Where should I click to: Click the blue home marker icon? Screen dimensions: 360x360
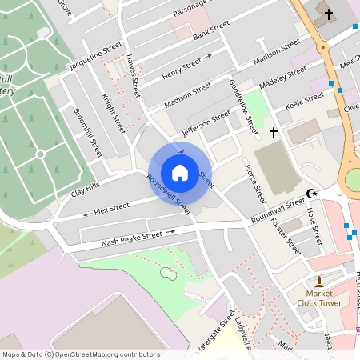pyautogui.click(x=180, y=173)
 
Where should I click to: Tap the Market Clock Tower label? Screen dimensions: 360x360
pyautogui.click(x=319, y=298)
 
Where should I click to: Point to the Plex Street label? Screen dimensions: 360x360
pyautogui.click(x=111, y=210)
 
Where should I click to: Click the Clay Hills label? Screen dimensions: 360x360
pyautogui.click(x=86, y=189)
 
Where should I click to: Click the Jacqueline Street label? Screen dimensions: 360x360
pyautogui.click(x=96, y=56)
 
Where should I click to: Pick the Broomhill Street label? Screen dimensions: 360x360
pyautogui.click(x=88, y=132)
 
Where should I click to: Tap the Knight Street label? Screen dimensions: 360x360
pyautogui.click(x=114, y=113)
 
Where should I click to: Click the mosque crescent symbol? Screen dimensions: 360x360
pyautogui.click(x=312, y=193)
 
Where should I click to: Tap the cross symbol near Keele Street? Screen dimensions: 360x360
pyautogui.click(x=274, y=131)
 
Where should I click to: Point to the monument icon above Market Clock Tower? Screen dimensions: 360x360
pyautogui.click(x=319, y=281)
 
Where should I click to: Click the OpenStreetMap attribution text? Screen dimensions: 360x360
pyautogui.click(x=80, y=354)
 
